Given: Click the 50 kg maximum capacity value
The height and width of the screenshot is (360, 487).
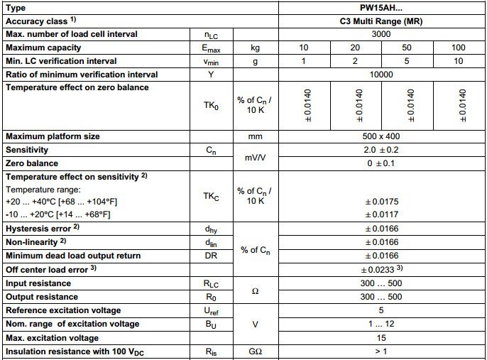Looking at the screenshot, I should pos(408,48).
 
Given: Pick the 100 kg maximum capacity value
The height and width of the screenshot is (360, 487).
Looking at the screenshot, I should pos(459,48).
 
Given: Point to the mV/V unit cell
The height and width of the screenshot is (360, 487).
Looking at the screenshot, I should pos(251,157).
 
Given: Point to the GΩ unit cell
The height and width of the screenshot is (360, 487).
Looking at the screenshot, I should pos(251,351).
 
